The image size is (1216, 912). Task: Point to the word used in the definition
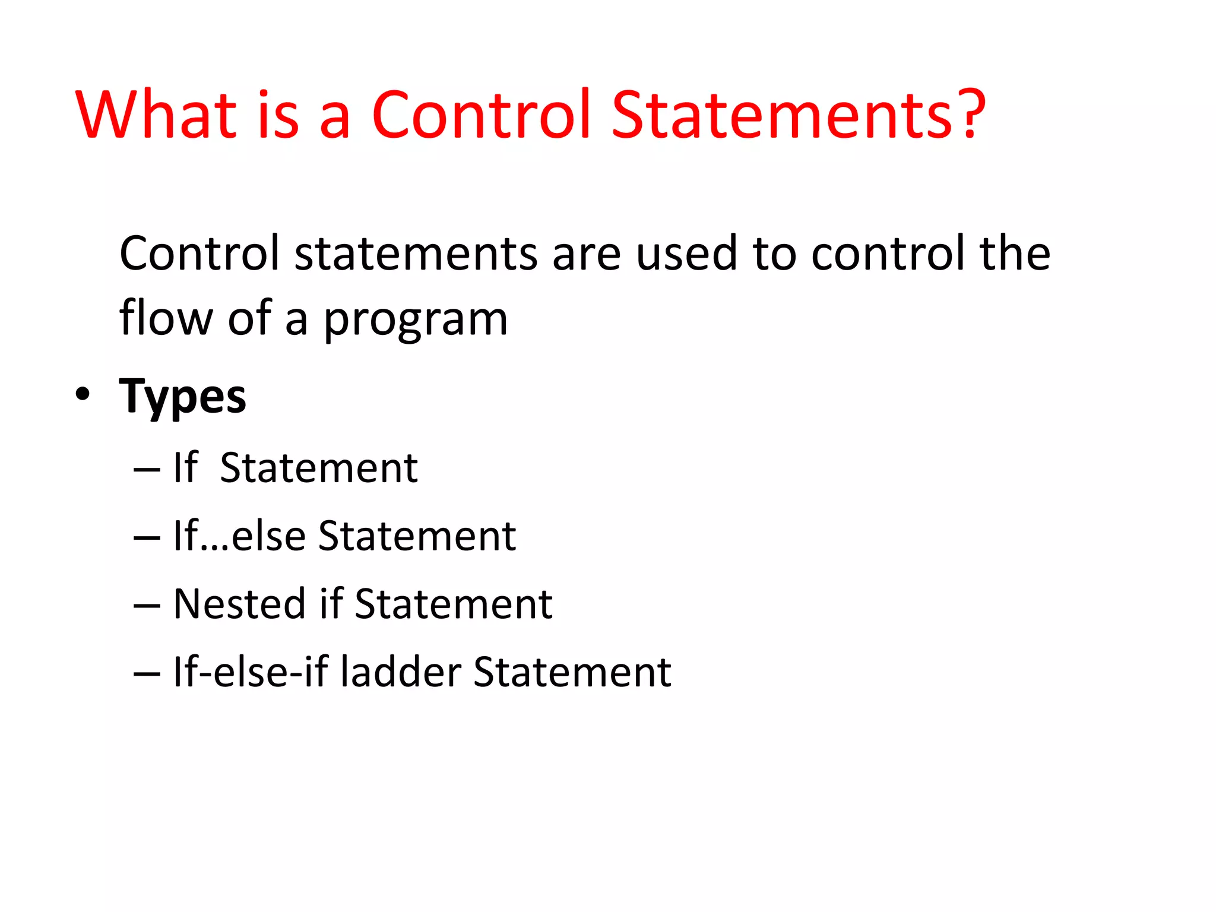tap(686, 254)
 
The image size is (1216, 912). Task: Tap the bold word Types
tap(182, 397)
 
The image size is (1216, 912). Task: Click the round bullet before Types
tap(83, 394)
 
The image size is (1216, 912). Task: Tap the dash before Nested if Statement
tap(147, 606)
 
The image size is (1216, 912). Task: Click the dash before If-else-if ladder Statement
tap(147, 674)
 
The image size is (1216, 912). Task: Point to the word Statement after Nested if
tap(454, 604)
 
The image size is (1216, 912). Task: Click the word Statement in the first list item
tap(319, 468)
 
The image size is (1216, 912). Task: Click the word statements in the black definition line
tap(416, 254)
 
